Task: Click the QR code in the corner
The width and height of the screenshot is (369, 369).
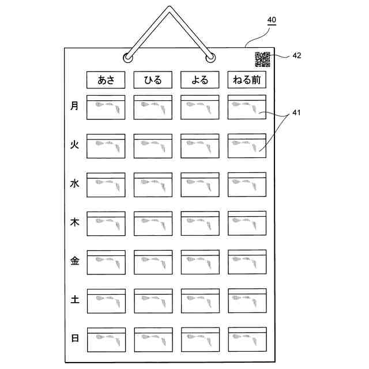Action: (262, 58)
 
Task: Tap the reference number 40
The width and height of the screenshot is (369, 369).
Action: (271, 20)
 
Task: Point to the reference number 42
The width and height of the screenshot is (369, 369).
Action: (296, 56)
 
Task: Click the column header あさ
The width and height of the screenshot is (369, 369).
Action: (106, 80)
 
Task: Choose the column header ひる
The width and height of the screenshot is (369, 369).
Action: (153, 80)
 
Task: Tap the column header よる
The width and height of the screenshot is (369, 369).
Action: (199, 80)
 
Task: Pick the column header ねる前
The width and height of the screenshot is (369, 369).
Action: (247, 80)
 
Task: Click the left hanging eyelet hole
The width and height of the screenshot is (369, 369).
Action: (127, 58)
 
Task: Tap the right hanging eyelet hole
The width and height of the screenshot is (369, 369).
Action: (211, 58)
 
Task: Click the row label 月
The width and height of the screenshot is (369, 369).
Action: (74, 106)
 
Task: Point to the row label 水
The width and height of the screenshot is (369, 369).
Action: (74, 184)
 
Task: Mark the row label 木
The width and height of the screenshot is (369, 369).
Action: (74, 223)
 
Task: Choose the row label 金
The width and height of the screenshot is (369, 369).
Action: (74, 261)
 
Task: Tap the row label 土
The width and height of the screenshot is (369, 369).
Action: (74, 300)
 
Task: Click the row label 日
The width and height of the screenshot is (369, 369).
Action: (74, 338)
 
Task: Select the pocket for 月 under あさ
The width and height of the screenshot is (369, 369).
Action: (106, 108)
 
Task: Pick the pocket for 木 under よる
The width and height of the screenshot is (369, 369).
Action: (199, 224)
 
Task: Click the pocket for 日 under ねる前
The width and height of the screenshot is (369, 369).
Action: (247, 340)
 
